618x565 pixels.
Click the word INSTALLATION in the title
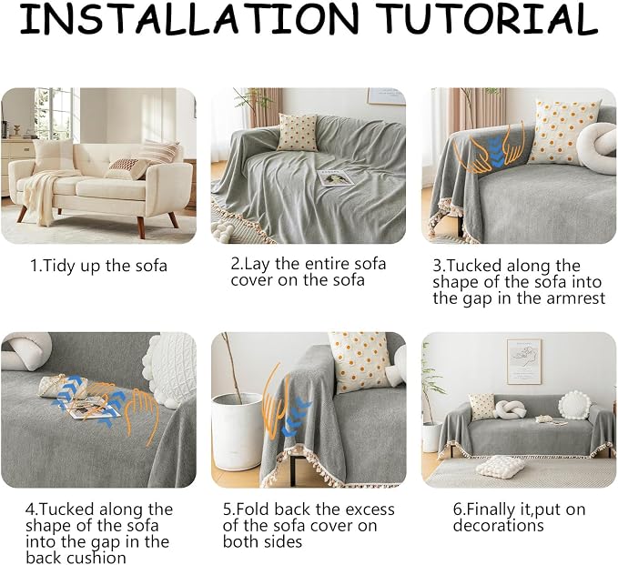click(189, 18)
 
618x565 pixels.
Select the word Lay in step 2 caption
click(258, 265)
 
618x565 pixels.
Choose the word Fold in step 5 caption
click(253, 510)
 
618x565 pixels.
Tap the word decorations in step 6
click(498, 526)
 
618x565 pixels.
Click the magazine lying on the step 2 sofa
click(335, 177)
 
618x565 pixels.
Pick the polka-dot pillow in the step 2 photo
click(298, 133)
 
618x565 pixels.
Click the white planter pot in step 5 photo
click(236, 431)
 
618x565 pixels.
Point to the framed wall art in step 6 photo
click(523, 361)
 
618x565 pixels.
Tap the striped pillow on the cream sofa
click(160, 152)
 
